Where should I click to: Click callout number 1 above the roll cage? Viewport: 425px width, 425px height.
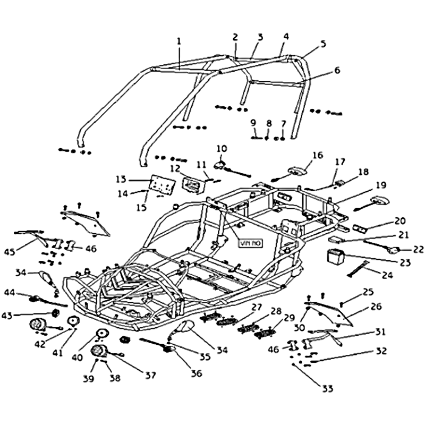pyautogui.click(x=179, y=41)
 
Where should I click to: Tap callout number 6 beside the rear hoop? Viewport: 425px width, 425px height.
pyautogui.click(x=337, y=70)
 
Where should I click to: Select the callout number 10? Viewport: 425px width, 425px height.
pyautogui.click(x=222, y=148)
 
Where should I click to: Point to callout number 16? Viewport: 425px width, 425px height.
pyautogui.click(x=317, y=156)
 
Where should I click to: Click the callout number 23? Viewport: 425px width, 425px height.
pyautogui.click(x=406, y=262)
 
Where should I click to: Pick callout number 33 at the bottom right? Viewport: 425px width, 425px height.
pyautogui.click(x=328, y=389)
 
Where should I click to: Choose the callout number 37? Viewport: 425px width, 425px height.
pyautogui.click(x=151, y=375)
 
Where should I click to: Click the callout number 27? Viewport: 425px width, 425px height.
pyautogui.click(x=257, y=307)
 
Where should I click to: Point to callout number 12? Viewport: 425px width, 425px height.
pyautogui.click(x=176, y=168)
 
